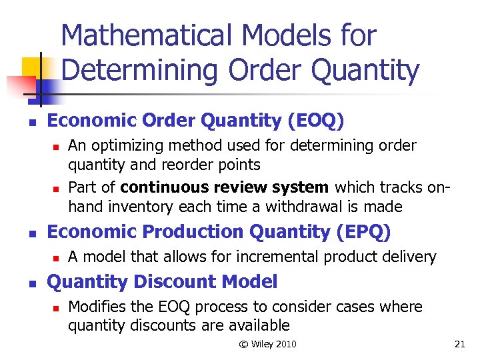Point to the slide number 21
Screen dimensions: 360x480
(459, 344)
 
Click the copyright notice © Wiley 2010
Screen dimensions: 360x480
(268, 344)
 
